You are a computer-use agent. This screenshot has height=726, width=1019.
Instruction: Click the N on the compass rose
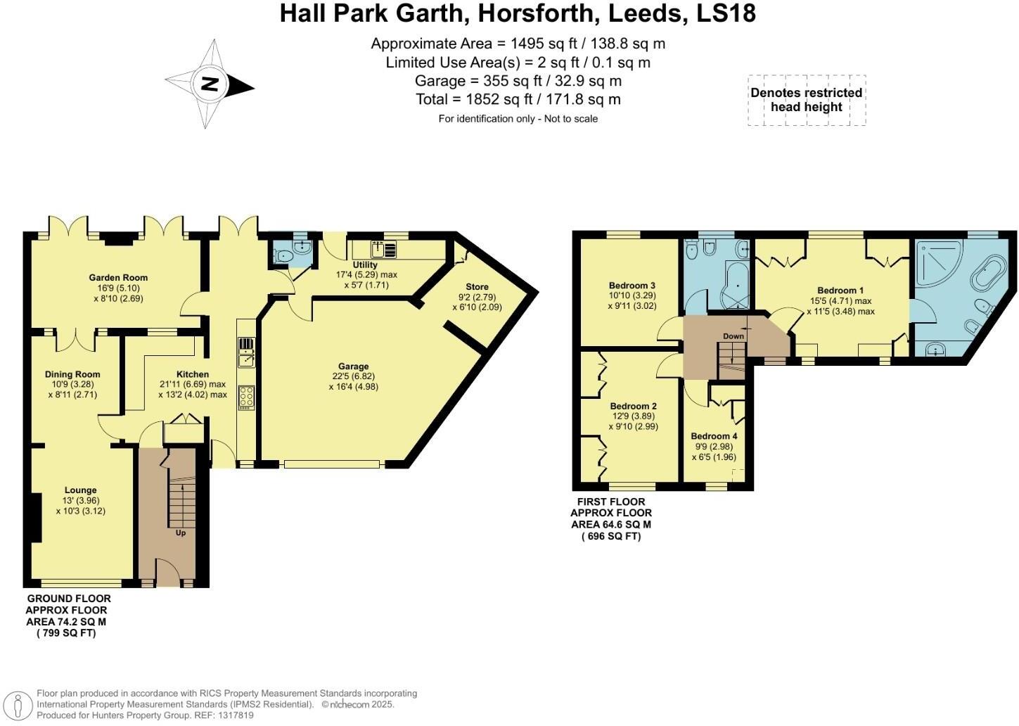pos(210,84)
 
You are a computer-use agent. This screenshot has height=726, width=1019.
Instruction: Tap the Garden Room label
pos(118,277)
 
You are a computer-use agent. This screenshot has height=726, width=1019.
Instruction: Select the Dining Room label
pos(72,374)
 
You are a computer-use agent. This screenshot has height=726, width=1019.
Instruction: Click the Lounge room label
pos(81,490)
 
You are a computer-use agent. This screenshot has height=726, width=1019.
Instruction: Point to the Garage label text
pos(353,367)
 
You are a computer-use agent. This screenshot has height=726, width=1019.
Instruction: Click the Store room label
pos(477,287)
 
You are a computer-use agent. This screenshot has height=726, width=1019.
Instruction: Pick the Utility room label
pos(365,265)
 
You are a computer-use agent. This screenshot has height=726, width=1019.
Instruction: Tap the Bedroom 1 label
pos(840,291)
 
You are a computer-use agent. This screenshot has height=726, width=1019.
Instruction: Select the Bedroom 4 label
pos(714,436)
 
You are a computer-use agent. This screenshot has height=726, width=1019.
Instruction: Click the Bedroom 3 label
pos(632,285)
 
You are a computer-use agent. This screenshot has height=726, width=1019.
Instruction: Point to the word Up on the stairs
pos(181,533)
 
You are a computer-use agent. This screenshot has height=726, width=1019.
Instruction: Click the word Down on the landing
pos(733,336)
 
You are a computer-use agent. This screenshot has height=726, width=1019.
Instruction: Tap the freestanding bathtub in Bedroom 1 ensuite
pos(989,274)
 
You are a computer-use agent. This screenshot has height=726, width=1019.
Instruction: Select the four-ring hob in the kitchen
pos(247,397)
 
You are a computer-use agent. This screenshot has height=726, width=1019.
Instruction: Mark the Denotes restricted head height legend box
pos(807,100)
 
